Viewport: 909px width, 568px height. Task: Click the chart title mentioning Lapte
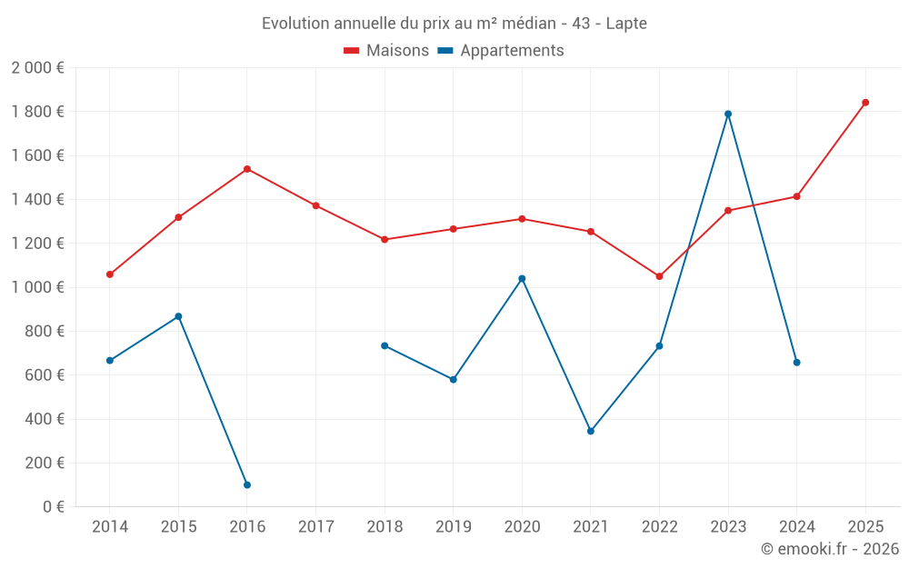coord(454,24)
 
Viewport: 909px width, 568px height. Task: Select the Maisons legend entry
coord(387,51)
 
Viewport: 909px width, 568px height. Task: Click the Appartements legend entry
coord(502,51)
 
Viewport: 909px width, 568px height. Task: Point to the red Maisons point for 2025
coord(865,103)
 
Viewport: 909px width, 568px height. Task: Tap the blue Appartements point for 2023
coord(728,114)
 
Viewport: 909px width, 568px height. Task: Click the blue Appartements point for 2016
coord(247,485)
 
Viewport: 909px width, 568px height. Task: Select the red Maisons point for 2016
coord(247,169)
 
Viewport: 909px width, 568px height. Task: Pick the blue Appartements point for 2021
coord(591,432)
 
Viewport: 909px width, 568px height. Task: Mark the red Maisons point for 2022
coord(659,276)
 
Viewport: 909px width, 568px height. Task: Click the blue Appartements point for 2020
coord(522,279)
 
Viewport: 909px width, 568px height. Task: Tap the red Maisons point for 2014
coord(110,274)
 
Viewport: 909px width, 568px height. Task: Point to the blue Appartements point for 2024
coord(797,363)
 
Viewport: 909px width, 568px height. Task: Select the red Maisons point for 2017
coord(315,205)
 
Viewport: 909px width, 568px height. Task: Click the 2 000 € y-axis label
coord(37,68)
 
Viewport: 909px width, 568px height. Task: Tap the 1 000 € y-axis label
coord(37,287)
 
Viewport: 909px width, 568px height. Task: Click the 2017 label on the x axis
coord(315,527)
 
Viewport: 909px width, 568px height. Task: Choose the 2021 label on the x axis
coord(591,527)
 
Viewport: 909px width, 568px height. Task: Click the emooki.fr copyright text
coord(829,549)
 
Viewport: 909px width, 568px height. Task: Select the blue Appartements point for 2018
coord(385,345)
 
